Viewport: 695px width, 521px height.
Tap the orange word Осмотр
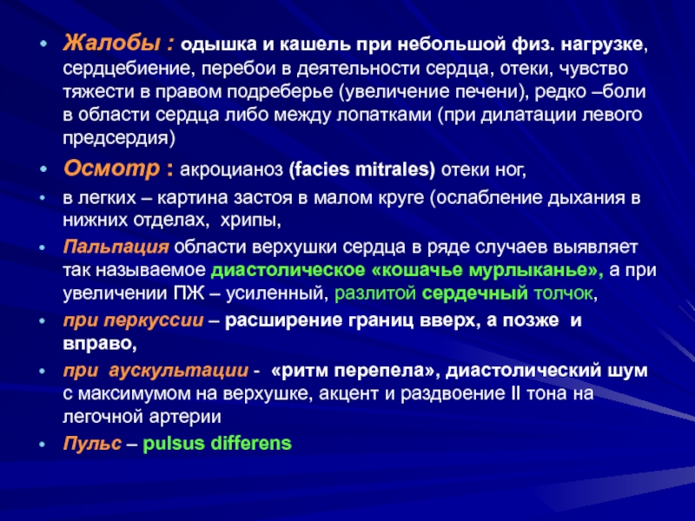pos(112,168)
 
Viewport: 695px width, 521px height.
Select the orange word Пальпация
pos(116,247)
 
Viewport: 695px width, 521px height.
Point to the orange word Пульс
pos(92,443)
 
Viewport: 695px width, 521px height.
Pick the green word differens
pos(251,443)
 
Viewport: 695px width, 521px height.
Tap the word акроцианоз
pos(231,170)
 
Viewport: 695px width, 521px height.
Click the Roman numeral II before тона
pos(516,393)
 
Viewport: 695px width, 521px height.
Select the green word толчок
pos(563,293)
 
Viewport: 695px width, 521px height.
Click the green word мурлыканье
pos(526,270)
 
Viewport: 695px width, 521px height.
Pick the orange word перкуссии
pos(154,320)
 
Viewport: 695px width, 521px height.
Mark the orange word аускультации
pos(178,371)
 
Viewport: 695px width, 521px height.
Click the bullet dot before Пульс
pos(43,444)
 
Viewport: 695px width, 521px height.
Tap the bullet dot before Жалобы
pos(43,44)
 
